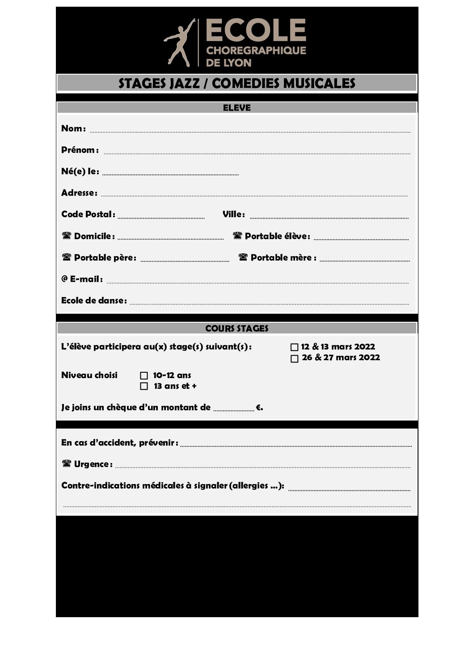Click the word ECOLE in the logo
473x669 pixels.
tap(255, 30)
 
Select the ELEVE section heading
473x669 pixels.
tap(236, 108)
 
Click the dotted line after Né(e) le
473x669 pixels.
tap(170, 174)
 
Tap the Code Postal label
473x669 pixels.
tap(88, 215)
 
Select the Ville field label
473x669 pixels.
tap(233, 215)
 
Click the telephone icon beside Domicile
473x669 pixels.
tap(67, 236)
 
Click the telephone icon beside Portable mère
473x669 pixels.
tap(243, 257)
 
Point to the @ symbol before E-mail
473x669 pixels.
tap(64, 278)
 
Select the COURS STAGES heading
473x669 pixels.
tap(236, 328)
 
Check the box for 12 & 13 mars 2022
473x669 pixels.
tap(294, 347)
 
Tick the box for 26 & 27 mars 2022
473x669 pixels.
tap(294, 358)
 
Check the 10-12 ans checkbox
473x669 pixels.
tap(144, 376)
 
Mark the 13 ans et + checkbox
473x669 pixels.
tap(144, 387)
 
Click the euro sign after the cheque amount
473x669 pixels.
tap(259, 408)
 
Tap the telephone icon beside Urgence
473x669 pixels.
tap(67, 463)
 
